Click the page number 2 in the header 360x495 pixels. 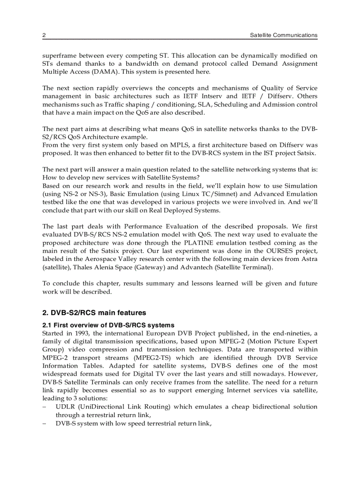tap(44, 35)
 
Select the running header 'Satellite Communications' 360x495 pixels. tap(283, 35)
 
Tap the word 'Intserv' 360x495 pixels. tap(213, 96)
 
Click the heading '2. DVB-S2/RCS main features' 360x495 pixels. tap(94, 313)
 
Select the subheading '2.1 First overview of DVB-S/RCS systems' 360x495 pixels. tap(109, 325)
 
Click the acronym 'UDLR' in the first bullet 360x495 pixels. tap(65, 407)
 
